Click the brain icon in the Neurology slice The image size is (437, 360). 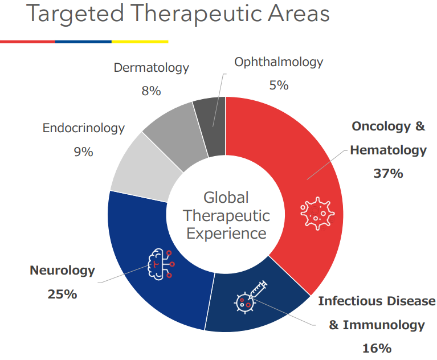coord(161,264)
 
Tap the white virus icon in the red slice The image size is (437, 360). coord(317,214)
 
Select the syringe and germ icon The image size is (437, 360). coord(250,297)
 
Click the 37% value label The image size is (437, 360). coord(388,173)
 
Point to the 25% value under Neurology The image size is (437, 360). coord(62,294)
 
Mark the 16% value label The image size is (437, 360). coord(377,348)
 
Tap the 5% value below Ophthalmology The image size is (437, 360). coord(279,85)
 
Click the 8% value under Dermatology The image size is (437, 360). coord(151,91)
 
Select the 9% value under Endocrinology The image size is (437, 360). coord(83,152)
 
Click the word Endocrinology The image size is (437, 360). coord(83,128)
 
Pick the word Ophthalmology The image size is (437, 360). coord(279,63)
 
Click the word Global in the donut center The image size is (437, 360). coord(226,198)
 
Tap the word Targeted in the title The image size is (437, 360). coord(75,14)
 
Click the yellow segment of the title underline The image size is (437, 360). coord(140,42)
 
